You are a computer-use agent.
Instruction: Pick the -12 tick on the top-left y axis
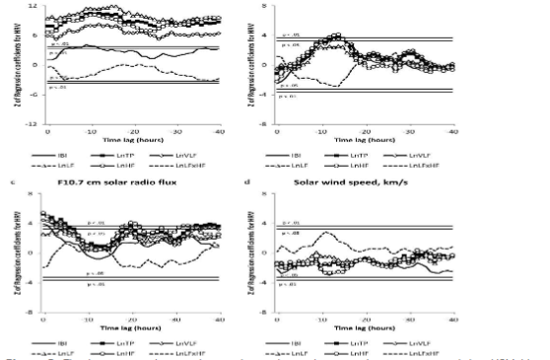click(33, 124)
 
